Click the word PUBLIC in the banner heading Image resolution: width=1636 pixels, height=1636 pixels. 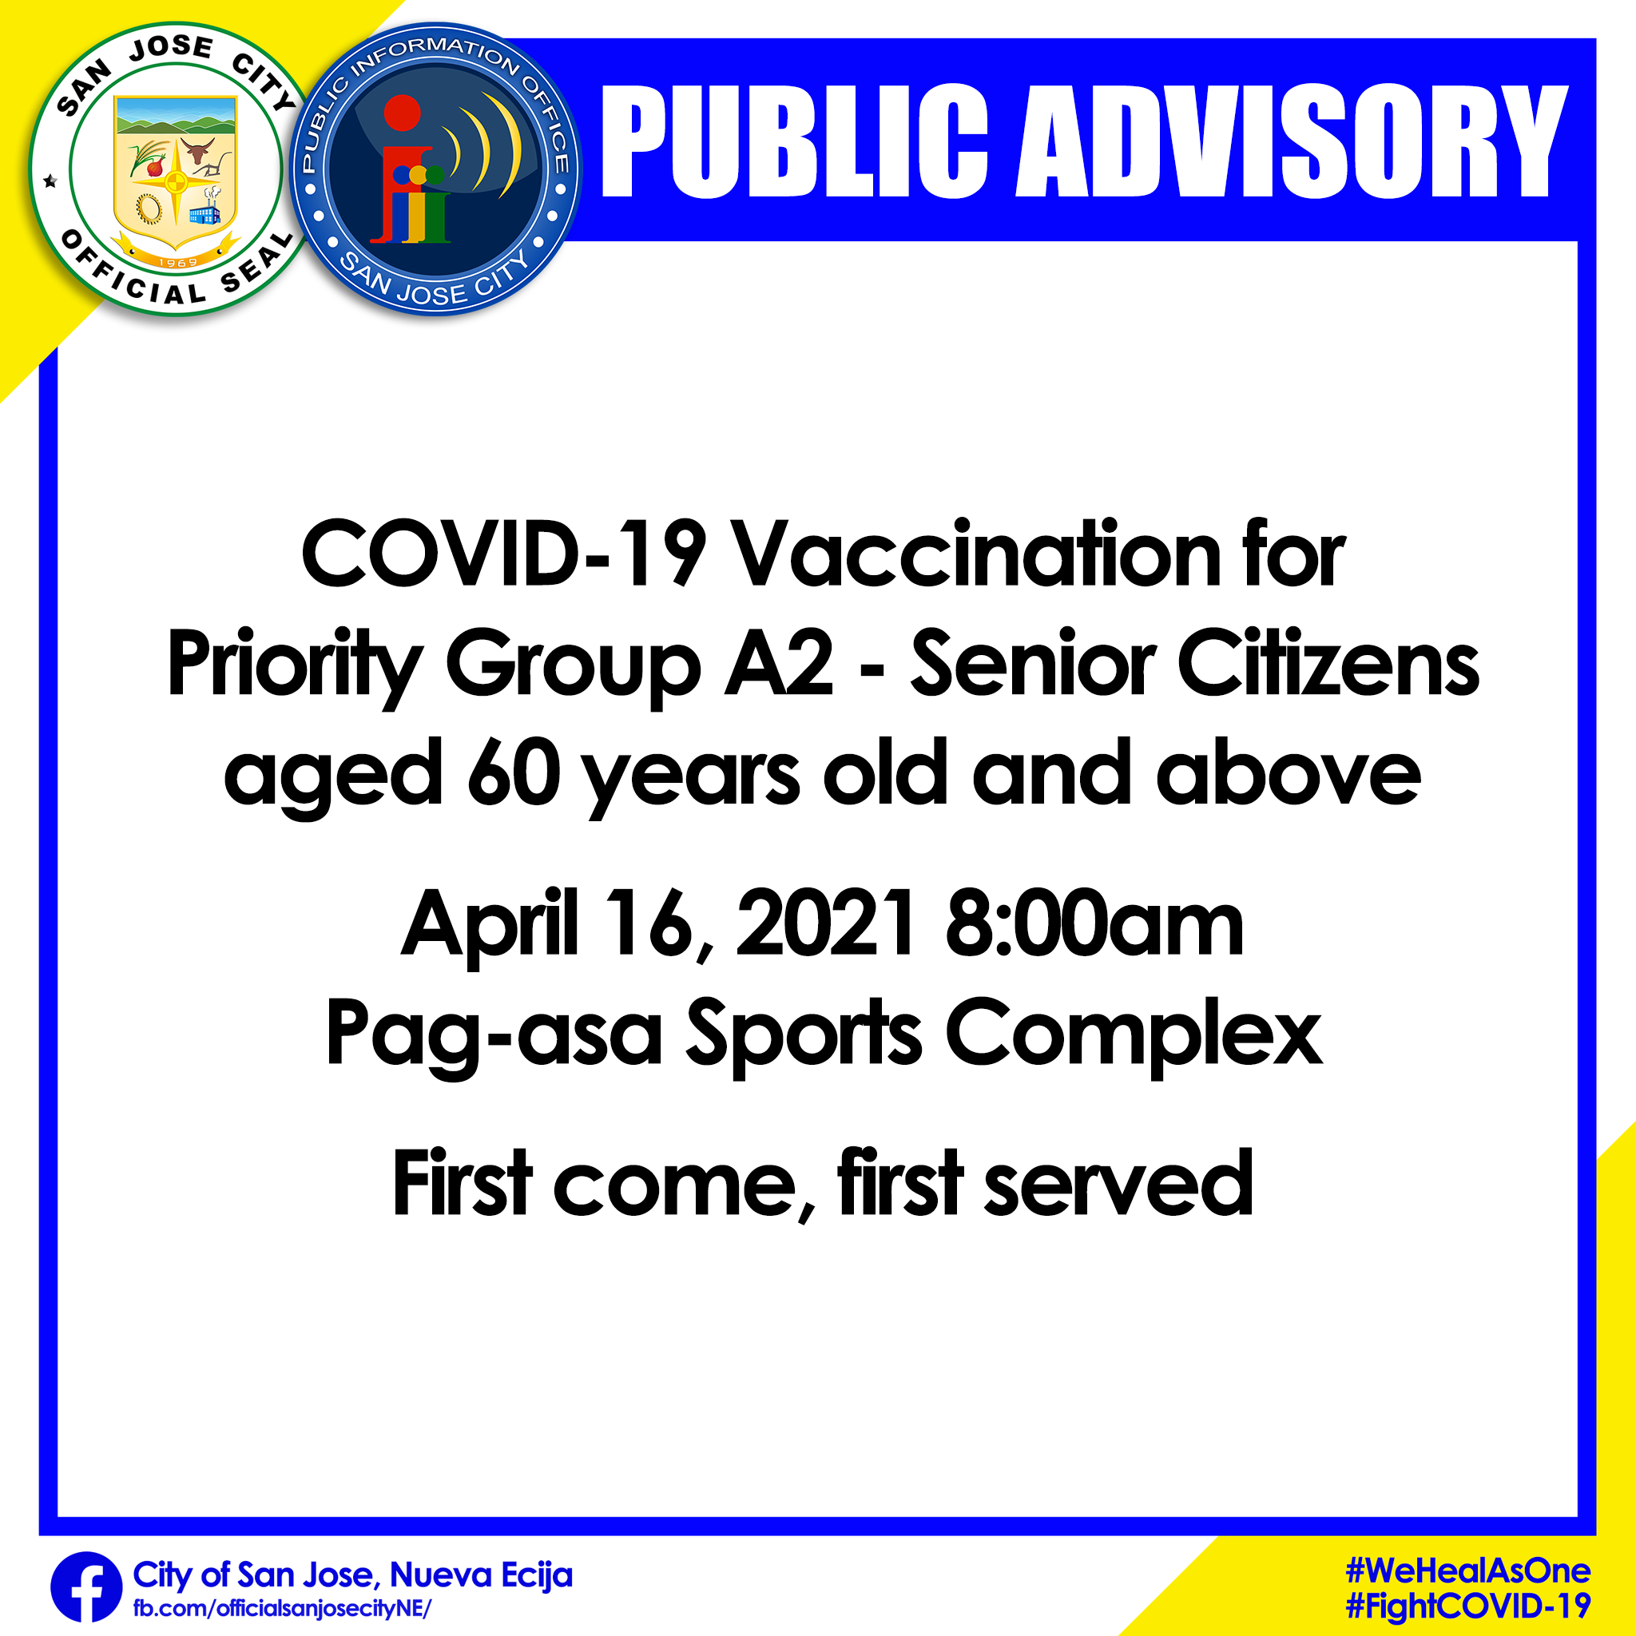coord(793,141)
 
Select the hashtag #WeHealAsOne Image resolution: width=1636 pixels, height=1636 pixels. coord(1468,1570)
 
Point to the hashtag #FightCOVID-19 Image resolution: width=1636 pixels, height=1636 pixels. coord(1468,1606)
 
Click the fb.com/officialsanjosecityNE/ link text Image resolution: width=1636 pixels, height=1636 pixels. coord(282,1609)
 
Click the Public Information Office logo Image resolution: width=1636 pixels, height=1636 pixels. coord(435,170)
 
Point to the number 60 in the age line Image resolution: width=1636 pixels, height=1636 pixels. coord(515,772)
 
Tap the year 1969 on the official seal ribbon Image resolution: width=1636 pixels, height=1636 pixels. coord(177,263)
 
